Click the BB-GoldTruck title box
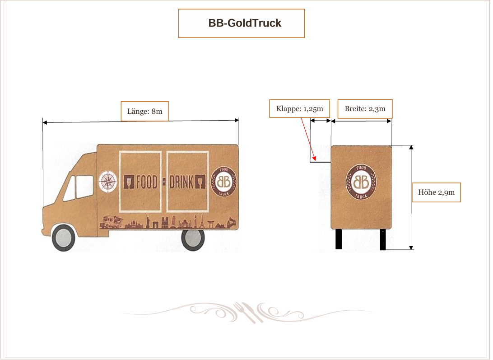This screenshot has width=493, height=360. tap(242, 23)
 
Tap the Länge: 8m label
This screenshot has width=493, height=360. tap(144, 111)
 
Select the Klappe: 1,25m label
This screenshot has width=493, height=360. tap(299, 108)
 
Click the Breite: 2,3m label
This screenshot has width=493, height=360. tap(365, 108)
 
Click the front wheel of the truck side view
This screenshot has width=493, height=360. tap(64, 238)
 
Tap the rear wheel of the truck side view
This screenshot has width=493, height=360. tap(193, 238)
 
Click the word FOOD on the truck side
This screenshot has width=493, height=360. tap(146, 182)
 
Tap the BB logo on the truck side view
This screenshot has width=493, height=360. tap(224, 182)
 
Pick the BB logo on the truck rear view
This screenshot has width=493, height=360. tap(361, 182)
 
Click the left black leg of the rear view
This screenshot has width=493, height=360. tap(339, 239)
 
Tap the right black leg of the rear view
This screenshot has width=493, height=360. tap(383, 239)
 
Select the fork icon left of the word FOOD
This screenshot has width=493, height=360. tap(129, 182)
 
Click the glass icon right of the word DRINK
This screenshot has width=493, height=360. tap(200, 182)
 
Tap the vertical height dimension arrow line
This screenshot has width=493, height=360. tap(411, 197)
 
